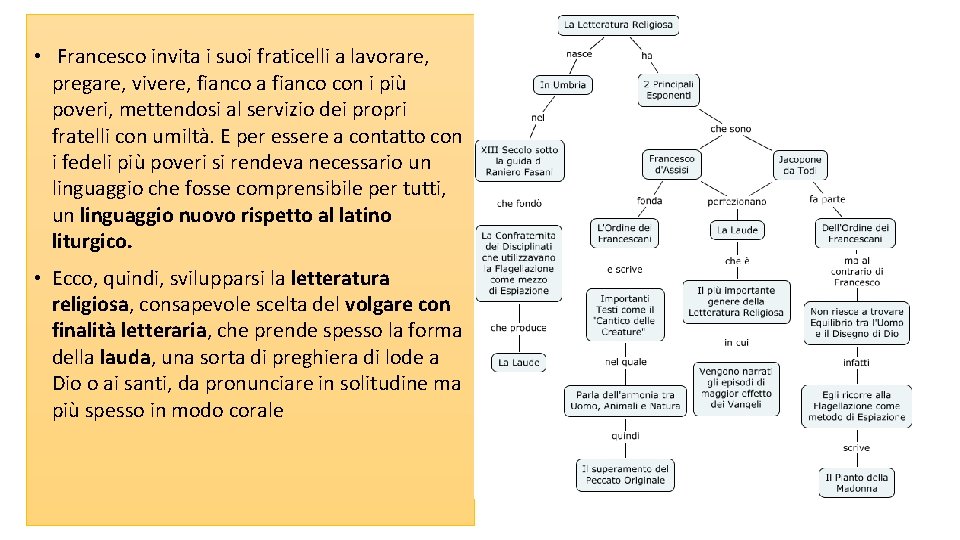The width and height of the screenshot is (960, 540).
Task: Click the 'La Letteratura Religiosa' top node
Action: point(619,24)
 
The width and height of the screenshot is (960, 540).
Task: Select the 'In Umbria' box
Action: point(563,85)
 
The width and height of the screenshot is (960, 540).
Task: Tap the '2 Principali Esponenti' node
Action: point(669,90)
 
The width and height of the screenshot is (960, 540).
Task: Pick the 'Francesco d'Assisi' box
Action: point(671,164)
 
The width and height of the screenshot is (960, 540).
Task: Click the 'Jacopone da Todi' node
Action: point(800,164)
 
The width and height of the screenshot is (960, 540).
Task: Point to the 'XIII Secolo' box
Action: point(520,160)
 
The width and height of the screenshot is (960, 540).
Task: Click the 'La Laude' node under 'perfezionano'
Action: point(737,230)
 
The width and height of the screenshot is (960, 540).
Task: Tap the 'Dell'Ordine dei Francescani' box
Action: point(856,233)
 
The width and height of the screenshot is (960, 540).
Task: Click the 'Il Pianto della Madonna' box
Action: point(857,483)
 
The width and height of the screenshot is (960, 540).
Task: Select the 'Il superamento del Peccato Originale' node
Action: point(625,474)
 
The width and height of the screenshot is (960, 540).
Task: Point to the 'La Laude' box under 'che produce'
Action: point(518,362)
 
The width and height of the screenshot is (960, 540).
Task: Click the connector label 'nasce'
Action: point(579,54)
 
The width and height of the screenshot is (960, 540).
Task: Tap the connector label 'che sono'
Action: point(730,129)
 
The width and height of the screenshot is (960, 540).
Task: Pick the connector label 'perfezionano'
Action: point(736,201)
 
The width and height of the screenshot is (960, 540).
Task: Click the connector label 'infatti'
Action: point(856,362)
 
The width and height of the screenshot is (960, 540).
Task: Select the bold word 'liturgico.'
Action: point(92,242)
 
